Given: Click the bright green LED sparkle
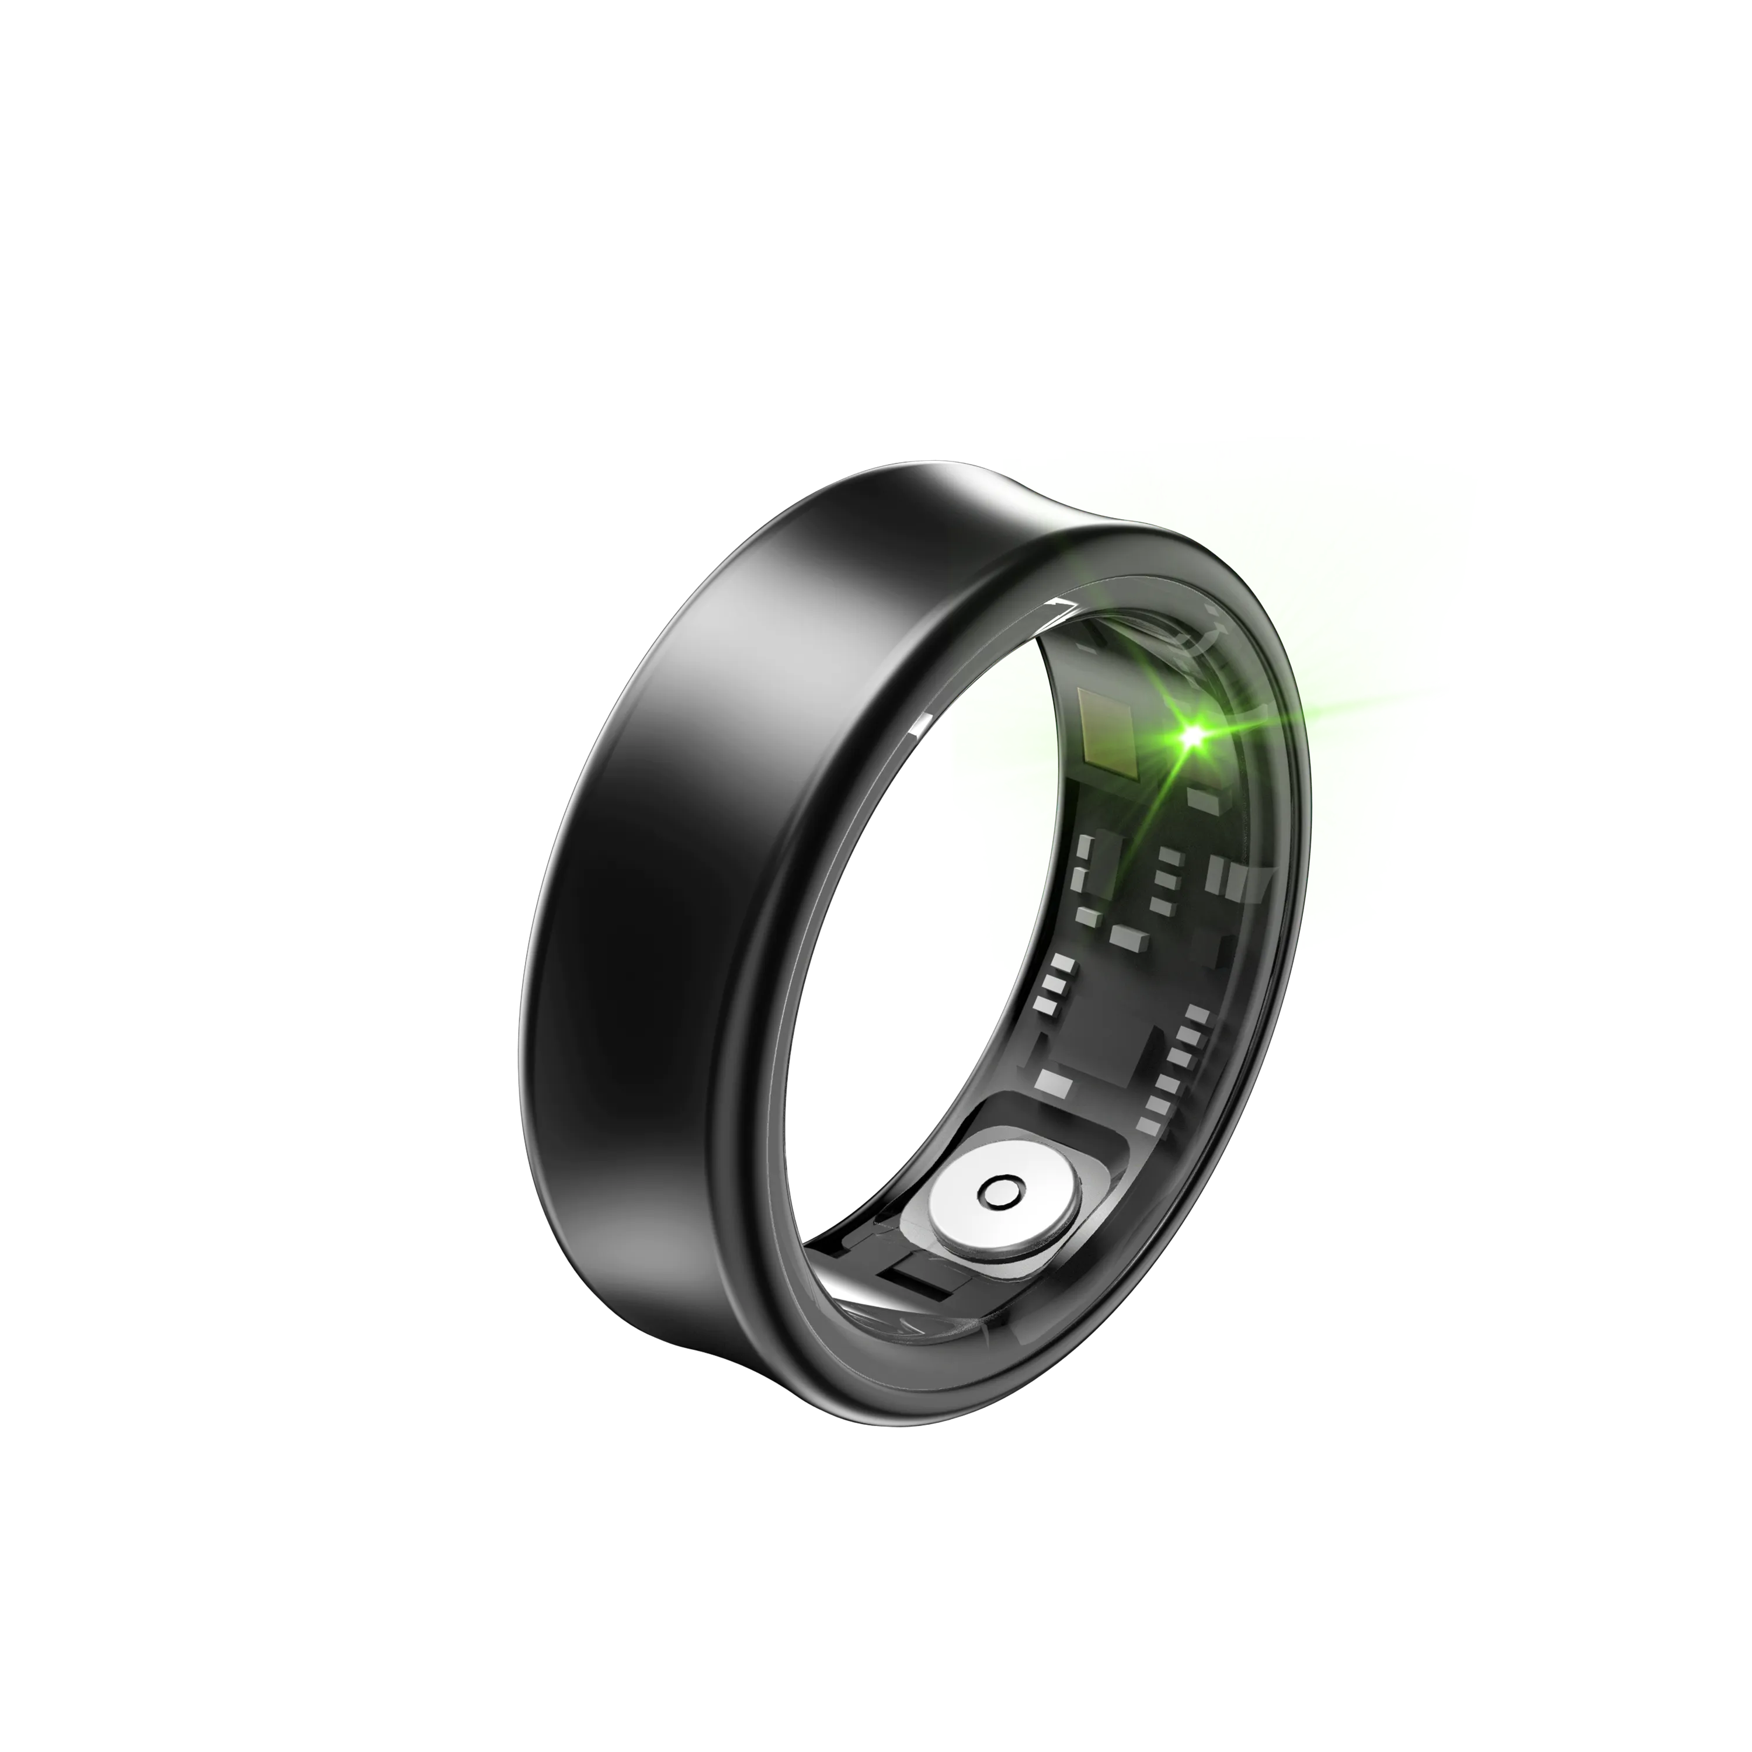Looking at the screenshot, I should [1191, 736].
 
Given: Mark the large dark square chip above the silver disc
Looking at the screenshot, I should [1102, 1043].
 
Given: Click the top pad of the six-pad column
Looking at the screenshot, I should [1198, 1014].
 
